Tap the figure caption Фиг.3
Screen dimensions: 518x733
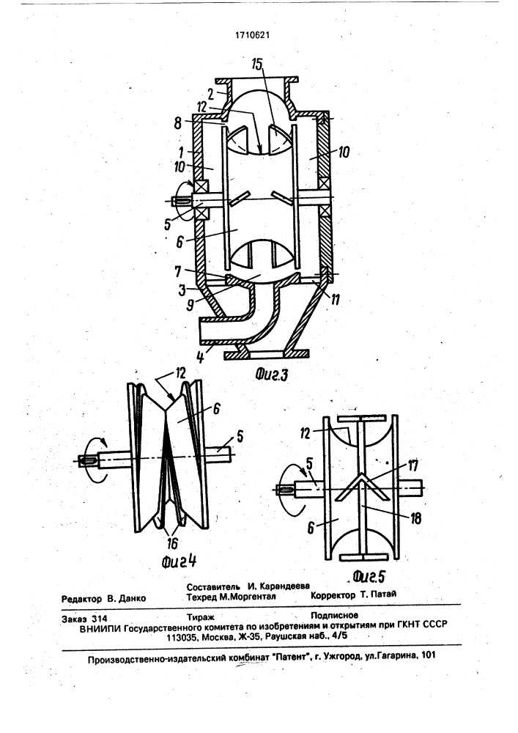[271, 375]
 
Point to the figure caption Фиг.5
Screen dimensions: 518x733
[369, 577]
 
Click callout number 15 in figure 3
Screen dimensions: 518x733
[257, 65]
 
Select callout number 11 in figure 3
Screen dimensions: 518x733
[334, 300]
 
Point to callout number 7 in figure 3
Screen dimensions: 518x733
[178, 272]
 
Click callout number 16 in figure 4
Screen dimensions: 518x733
[172, 543]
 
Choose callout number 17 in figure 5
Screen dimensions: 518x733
[413, 465]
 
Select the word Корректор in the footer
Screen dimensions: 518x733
[333, 595]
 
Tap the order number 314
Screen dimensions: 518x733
[100, 619]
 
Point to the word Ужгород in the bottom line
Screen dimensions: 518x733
[342, 656]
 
